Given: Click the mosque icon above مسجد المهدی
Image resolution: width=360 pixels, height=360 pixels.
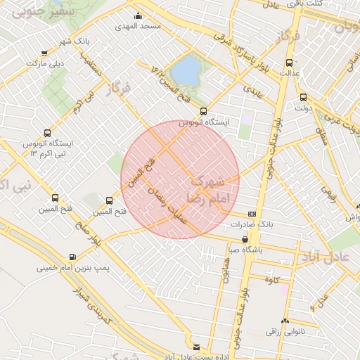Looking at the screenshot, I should pyautogui.click(x=137, y=16).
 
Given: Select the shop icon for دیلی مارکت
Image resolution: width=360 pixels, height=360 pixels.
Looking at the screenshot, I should pyautogui.click(x=45, y=53).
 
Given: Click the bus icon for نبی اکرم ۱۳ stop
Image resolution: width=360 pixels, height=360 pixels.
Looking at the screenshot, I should pyautogui.click(x=48, y=132).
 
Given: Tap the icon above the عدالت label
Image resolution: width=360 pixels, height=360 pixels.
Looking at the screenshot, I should pyautogui.click(x=286, y=62).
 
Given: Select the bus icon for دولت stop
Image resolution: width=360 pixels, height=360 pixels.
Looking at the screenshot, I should pyautogui.click(x=303, y=98).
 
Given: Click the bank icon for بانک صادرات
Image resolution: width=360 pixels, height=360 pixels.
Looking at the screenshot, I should pyautogui.click(x=252, y=214).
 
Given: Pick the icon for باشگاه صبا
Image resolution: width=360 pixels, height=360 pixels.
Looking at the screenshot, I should pyautogui.click(x=245, y=239).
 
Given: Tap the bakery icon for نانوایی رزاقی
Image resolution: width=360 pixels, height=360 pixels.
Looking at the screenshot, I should pyautogui.click(x=283, y=320).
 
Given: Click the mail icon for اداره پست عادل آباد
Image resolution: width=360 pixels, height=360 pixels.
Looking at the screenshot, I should pyautogui.click(x=196, y=347).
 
